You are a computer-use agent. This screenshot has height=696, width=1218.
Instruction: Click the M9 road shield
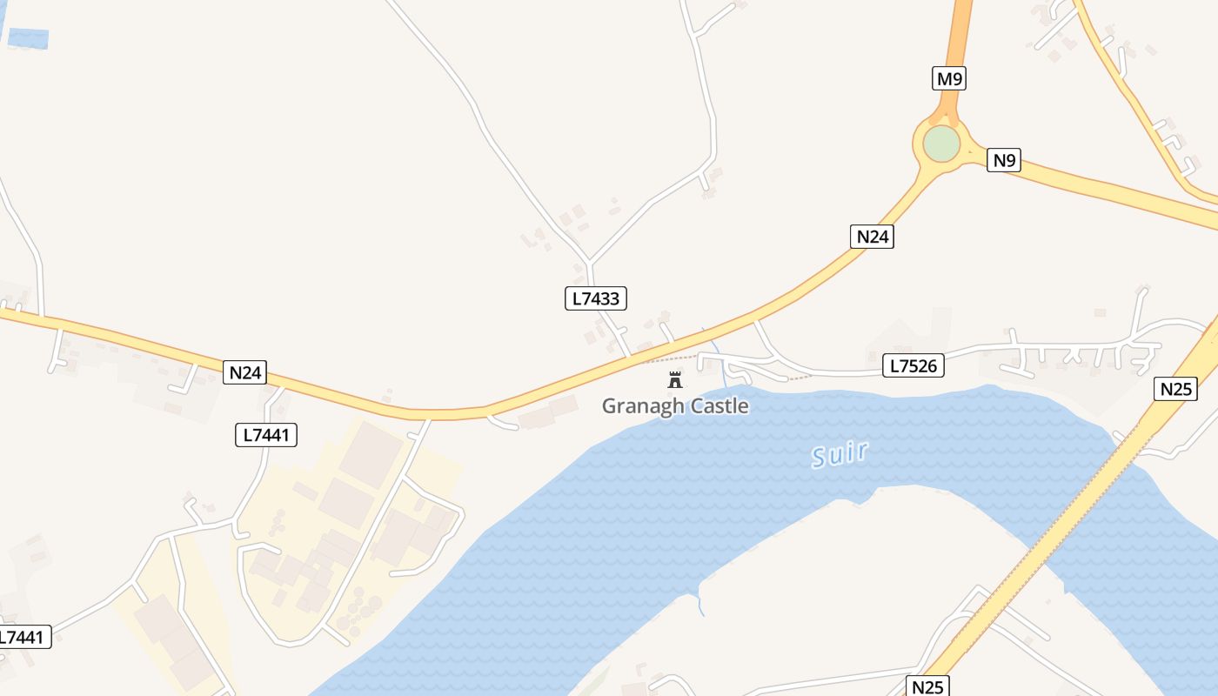click(x=949, y=79)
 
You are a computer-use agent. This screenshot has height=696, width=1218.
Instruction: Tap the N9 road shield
click(x=1003, y=160)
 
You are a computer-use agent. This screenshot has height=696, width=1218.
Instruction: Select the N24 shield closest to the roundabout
click(x=872, y=236)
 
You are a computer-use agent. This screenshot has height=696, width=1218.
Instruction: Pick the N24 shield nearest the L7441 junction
click(x=244, y=372)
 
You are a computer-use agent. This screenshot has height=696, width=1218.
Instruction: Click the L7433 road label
click(x=596, y=298)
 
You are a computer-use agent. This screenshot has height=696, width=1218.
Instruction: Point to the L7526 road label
click(x=913, y=365)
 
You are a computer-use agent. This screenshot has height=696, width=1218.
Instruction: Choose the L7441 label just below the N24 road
click(x=266, y=435)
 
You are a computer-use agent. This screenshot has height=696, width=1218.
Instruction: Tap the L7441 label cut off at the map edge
click(x=23, y=637)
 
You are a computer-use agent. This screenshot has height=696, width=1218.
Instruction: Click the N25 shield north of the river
click(x=1176, y=388)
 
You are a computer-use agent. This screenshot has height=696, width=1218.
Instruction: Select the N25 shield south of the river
click(x=927, y=686)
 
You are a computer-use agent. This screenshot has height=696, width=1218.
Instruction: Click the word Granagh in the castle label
click(x=637, y=406)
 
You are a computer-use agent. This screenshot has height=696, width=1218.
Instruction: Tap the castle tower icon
click(x=674, y=379)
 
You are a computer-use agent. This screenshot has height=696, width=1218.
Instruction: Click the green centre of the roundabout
click(x=941, y=144)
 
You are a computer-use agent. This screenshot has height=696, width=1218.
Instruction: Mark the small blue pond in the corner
click(x=28, y=38)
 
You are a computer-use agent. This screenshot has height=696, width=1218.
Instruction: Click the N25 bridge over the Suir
click(x=1079, y=505)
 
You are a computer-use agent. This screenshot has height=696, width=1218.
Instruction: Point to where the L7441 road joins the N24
click(x=283, y=388)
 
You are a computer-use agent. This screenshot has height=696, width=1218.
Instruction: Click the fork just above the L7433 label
click(x=589, y=260)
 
